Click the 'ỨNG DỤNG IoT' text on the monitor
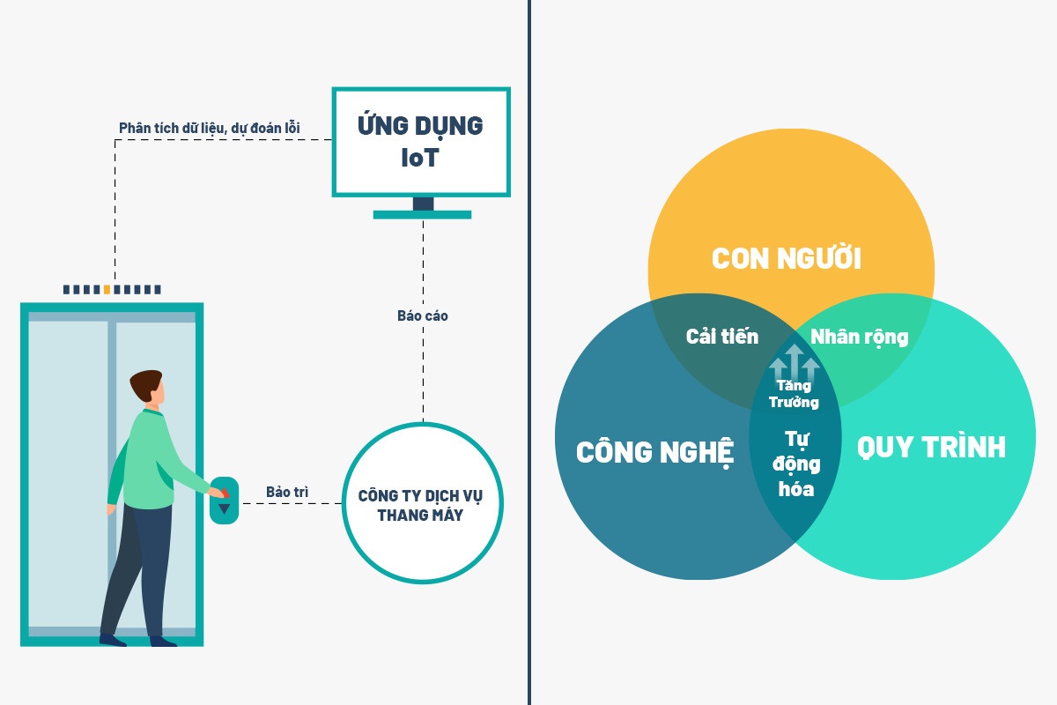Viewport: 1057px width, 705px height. [x=420, y=141]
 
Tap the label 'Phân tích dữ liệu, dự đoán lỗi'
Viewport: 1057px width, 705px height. [x=210, y=128]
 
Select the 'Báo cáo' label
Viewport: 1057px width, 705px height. [x=423, y=315]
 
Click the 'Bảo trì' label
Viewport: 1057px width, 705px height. [x=288, y=492]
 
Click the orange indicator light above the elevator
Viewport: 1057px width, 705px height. [x=107, y=289]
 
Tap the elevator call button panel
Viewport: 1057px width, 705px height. [x=224, y=500]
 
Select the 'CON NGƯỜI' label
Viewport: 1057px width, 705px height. [x=786, y=259]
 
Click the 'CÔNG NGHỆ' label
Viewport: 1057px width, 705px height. [x=654, y=452]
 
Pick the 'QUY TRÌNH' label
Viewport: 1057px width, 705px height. [x=931, y=448]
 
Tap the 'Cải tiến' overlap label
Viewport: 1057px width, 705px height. [x=721, y=337]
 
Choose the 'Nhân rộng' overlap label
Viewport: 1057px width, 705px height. [x=859, y=337]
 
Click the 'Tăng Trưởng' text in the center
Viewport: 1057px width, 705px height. [x=794, y=394]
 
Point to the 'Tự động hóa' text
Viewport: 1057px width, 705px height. [x=795, y=464]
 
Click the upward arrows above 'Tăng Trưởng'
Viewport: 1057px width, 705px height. [x=795, y=361]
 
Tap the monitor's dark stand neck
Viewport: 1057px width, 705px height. [x=423, y=204]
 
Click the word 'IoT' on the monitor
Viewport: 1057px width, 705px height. [x=420, y=159]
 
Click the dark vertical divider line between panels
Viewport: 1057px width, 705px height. [x=529, y=352]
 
